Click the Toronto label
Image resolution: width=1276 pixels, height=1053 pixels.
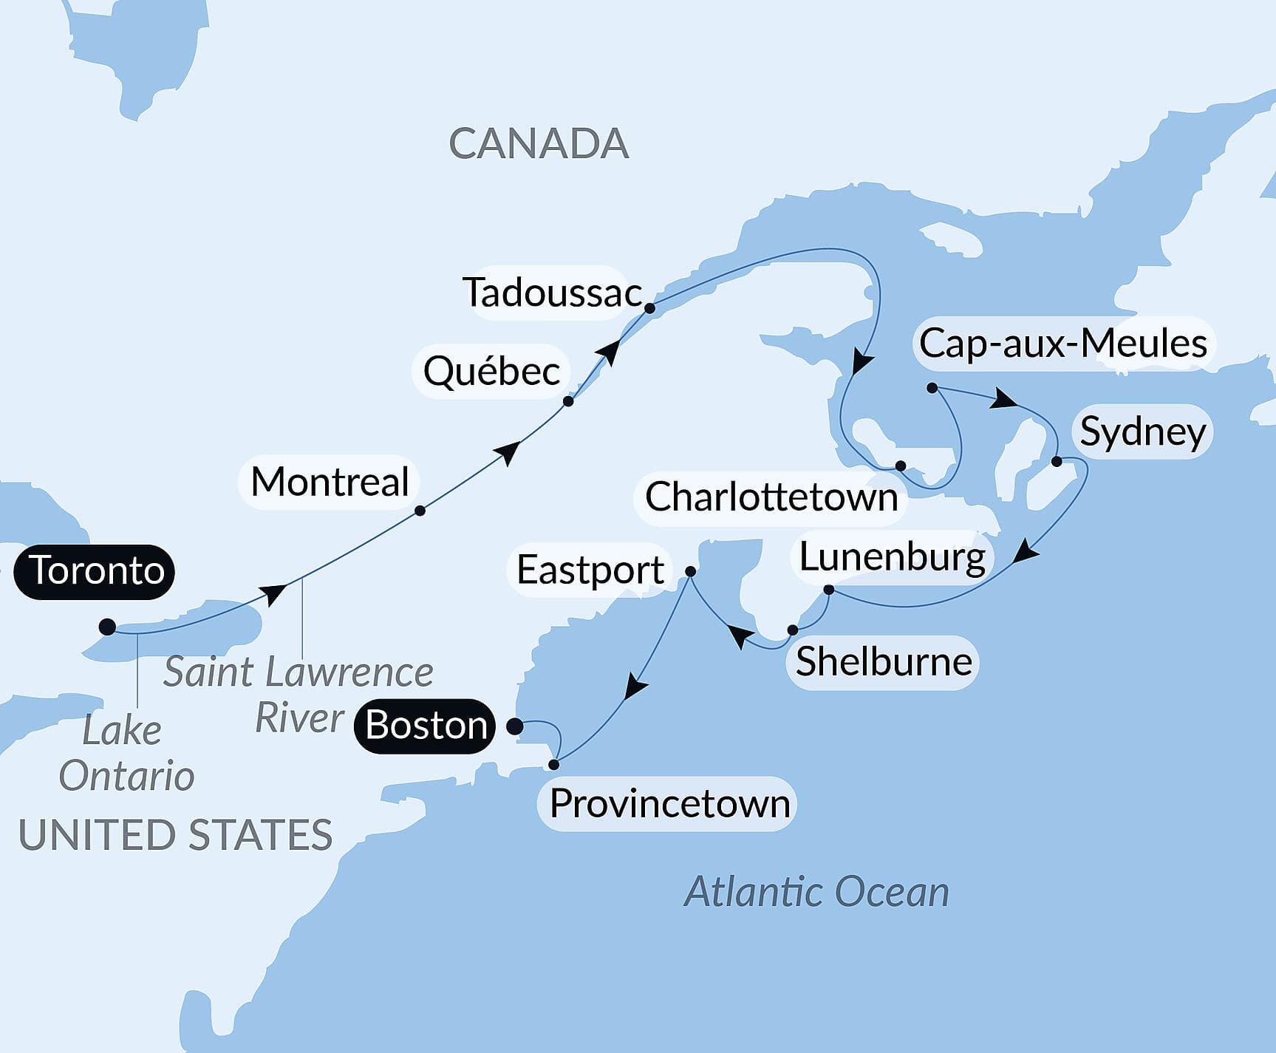pos(95,571)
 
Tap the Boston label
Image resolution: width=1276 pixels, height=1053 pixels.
pos(426,726)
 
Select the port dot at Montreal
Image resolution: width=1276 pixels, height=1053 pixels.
pos(420,511)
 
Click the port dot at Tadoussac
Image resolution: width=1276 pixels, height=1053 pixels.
pos(649,308)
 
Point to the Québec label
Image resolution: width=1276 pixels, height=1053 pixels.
pos(491,371)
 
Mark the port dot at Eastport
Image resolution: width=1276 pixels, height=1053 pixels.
pos(690,571)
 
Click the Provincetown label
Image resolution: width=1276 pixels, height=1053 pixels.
pos(669,804)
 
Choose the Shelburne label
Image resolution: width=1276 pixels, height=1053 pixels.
pos(883,662)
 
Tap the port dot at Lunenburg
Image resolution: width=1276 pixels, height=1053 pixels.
pos(828,590)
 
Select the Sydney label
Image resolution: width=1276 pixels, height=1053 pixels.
pos(1142,432)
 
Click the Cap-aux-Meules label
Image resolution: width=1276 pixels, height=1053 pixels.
pos(1062,344)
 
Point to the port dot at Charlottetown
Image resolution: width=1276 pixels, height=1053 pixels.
pos(901,466)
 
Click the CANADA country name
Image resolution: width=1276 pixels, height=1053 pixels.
pos(538,144)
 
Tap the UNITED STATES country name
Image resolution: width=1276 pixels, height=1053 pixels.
pos(175,835)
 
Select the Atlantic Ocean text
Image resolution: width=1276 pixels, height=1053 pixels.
pos(816,892)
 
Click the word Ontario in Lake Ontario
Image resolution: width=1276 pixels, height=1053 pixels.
pos(126,776)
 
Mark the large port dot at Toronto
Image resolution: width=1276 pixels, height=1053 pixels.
pos(107,627)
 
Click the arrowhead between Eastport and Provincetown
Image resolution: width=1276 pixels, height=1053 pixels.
pos(634,688)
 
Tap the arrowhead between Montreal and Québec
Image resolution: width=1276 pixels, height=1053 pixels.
pos(509,451)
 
